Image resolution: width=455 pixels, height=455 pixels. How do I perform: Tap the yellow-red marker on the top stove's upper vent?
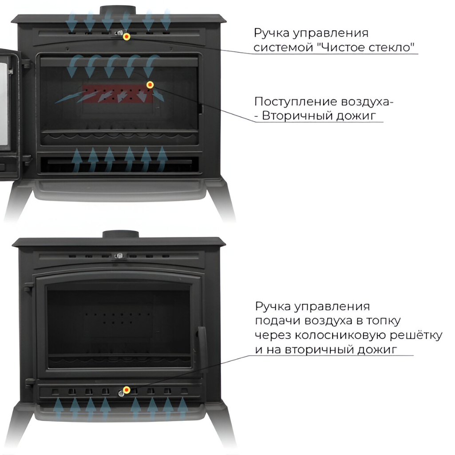click(127, 36)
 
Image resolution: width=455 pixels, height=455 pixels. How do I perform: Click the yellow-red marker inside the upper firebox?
click(150, 84)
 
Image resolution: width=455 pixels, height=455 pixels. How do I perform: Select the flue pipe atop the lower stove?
click(119, 234)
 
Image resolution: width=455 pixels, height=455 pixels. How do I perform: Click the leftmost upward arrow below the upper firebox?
click(77, 159)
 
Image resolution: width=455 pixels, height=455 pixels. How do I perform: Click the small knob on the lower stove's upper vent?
click(119, 256)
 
